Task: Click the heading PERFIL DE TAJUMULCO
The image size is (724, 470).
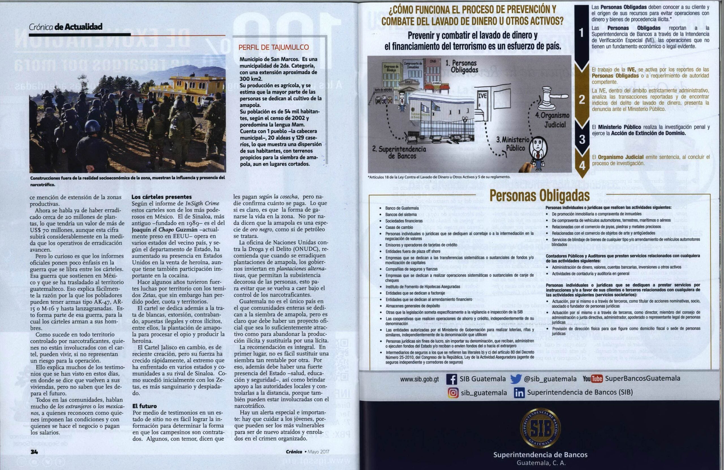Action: click(x=273, y=47)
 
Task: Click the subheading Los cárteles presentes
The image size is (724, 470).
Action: click(x=161, y=197)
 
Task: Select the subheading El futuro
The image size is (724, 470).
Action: click(x=145, y=406)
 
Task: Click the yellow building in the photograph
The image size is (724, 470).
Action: click(x=189, y=88)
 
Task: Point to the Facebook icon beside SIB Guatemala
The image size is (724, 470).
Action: click(x=451, y=379)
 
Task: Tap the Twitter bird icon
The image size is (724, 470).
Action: click(x=516, y=379)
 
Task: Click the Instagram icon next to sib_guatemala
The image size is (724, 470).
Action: click(x=453, y=393)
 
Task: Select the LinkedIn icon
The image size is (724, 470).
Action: click(x=519, y=393)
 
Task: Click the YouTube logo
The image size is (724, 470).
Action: click(x=592, y=379)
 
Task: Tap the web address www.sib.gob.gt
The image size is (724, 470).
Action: click(x=419, y=379)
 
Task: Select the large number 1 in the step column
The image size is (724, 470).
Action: click(x=581, y=33)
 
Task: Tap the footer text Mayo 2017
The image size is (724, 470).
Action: click(x=318, y=452)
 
